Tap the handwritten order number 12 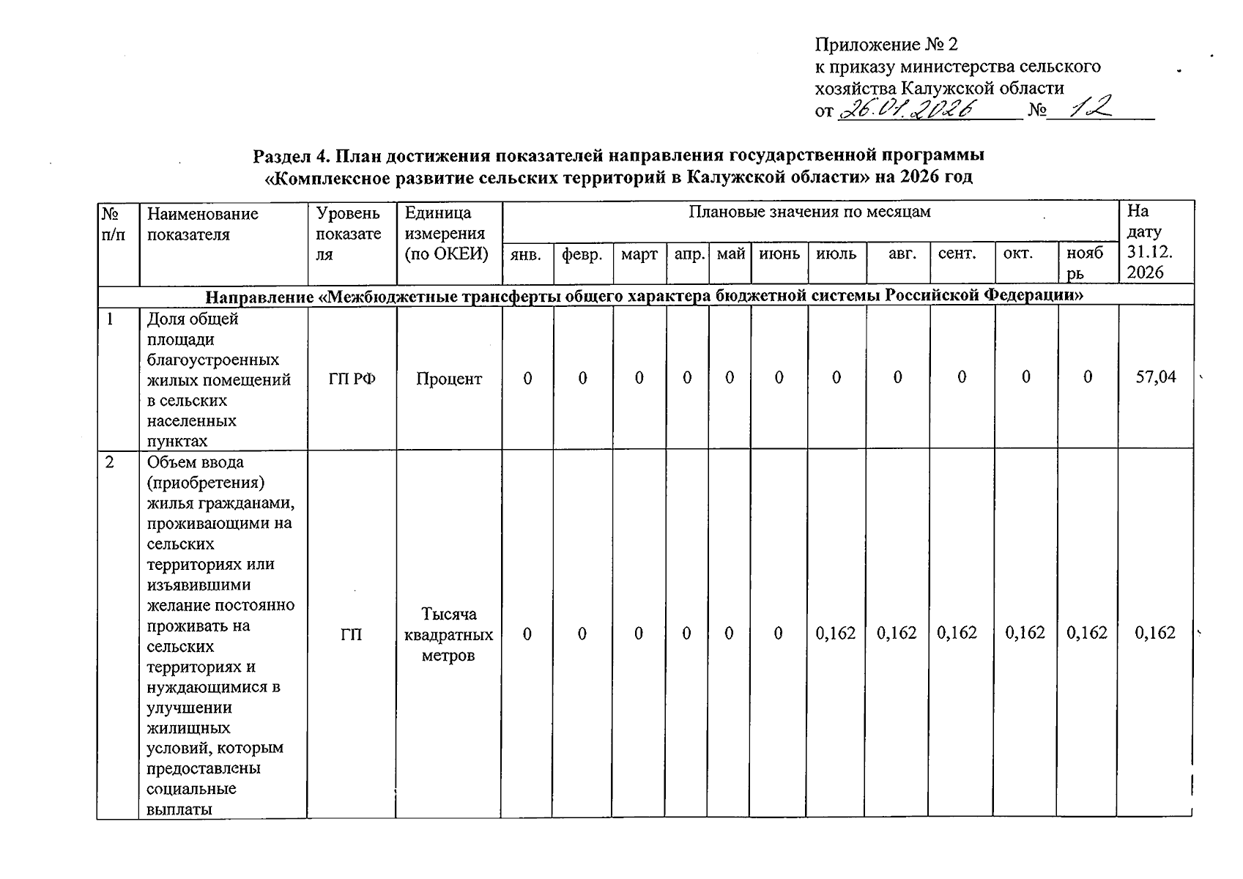click(1091, 108)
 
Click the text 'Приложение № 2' click(886, 45)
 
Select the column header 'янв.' click(526, 255)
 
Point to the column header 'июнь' click(779, 254)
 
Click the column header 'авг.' click(902, 254)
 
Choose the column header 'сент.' click(957, 254)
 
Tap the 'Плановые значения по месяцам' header click(809, 212)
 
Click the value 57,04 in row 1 click(1155, 377)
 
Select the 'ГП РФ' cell click(352, 379)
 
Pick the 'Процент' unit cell click(449, 379)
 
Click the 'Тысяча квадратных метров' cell click(448, 634)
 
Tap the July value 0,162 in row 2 click(836, 633)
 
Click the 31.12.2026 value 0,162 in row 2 click(1154, 633)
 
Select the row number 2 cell click(110, 463)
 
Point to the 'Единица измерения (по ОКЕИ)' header click(445, 234)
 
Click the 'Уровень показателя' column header click(349, 234)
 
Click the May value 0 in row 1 click(730, 378)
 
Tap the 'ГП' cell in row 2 click(351, 634)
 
